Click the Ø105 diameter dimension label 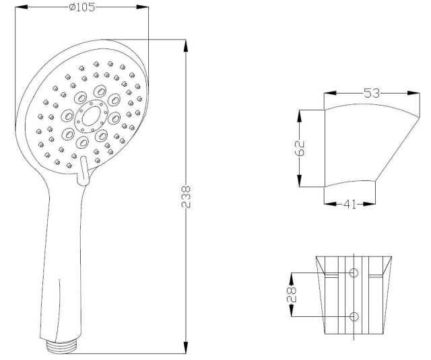(x=82, y=7)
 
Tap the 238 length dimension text (x=186, y=196)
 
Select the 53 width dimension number (x=372, y=93)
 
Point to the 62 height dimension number (x=300, y=148)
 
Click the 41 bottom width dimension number (x=350, y=205)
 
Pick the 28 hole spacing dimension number (x=292, y=295)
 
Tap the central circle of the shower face (x=92, y=116)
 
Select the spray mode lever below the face (x=83, y=171)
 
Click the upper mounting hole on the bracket (x=354, y=273)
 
